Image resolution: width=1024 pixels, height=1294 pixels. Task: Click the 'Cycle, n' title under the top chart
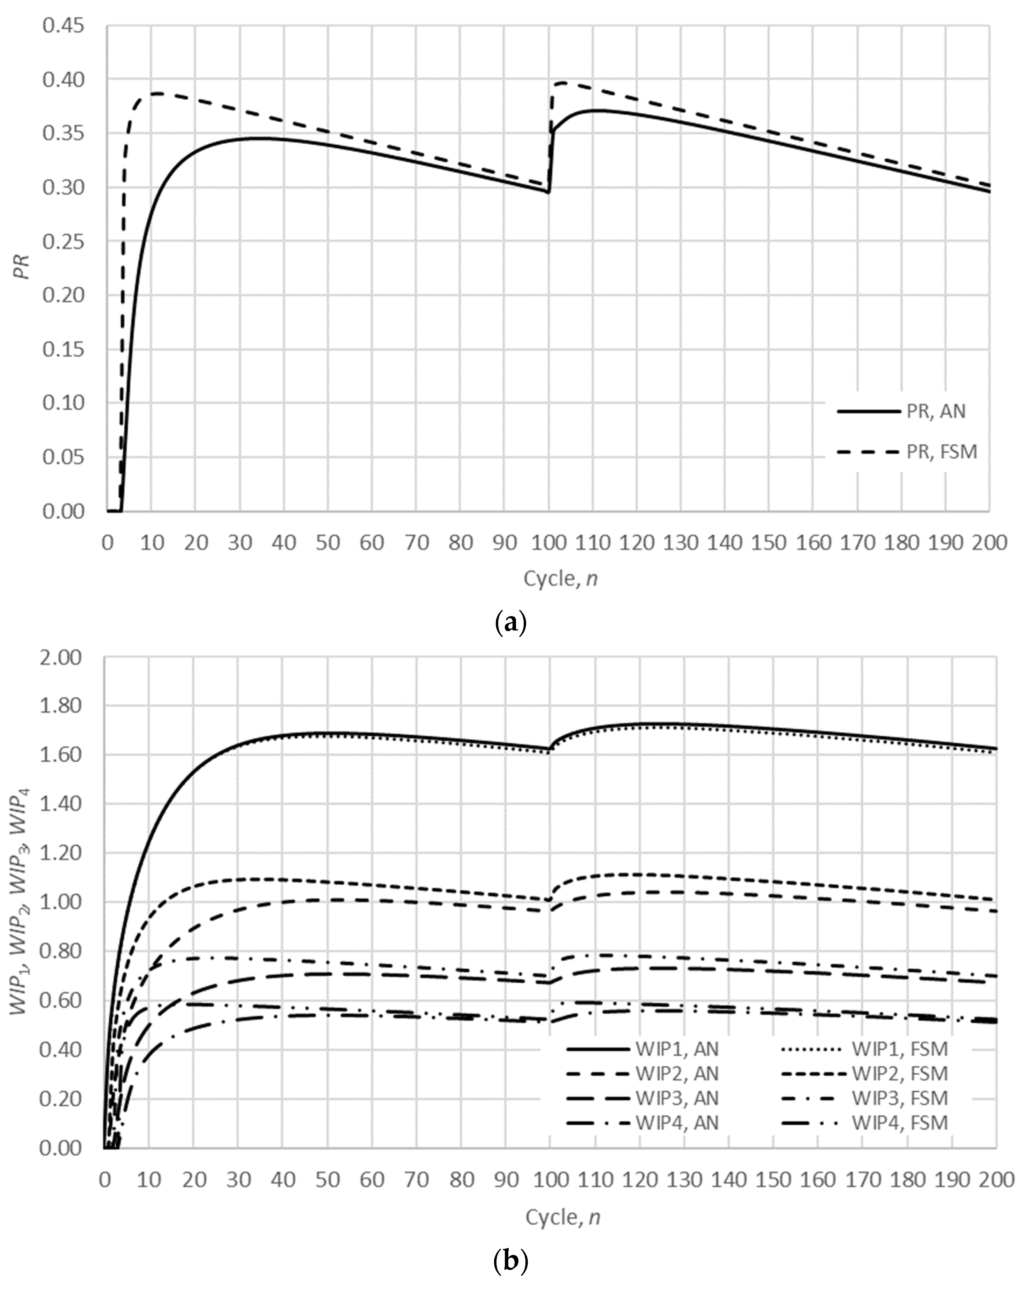[x=561, y=579]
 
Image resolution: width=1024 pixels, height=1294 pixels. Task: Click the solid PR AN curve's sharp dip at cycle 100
[x=548, y=192]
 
